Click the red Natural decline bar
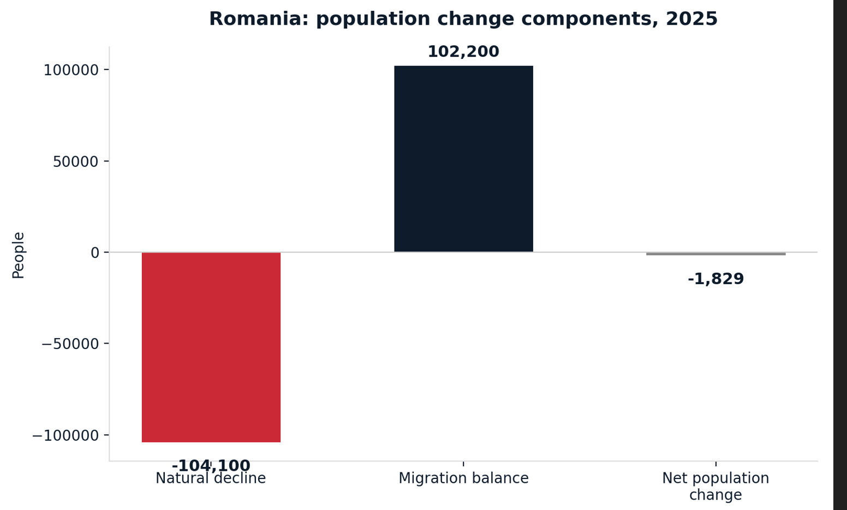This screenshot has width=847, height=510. (x=211, y=347)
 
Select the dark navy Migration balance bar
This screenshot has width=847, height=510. (x=463, y=159)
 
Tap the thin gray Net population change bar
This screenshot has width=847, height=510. (x=716, y=254)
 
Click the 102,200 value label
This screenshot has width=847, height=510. (x=463, y=52)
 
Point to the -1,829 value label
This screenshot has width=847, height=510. (x=716, y=279)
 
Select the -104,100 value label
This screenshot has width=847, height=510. (x=211, y=465)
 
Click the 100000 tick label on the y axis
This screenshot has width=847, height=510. (x=71, y=70)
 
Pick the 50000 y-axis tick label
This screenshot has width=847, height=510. (x=76, y=162)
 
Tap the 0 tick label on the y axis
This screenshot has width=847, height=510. (x=95, y=253)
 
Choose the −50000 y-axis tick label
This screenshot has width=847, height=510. (x=70, y=344)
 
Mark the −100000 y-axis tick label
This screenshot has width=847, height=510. (x=66, y=435)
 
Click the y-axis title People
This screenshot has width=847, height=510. (x=18, y=256)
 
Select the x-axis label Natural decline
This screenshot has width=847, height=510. (x=211, y=478)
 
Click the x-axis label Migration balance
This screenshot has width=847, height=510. (x=463, y=478)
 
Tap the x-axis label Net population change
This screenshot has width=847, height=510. (x=716, y=487)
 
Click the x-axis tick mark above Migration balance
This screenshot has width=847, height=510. (x=463, y=464)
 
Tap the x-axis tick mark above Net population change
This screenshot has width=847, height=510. (x=716, y=464)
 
